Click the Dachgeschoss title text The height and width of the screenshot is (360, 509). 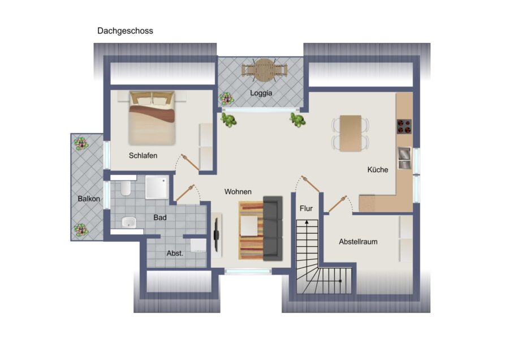coord(125,31)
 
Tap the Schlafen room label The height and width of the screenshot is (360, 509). coord(143,156)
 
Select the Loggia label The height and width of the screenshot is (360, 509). coord(261,93)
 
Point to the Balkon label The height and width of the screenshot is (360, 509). coord(89,199)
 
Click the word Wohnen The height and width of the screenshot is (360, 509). coord(238,192)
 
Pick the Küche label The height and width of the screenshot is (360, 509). coord(378,169)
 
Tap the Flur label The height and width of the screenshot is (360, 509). coord(306,209)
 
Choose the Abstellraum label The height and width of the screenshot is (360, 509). coord(358,242)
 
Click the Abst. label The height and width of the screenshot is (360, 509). coord(175,254)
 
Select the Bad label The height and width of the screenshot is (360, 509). coord(160,217)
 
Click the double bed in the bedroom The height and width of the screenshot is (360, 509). coord(152,118)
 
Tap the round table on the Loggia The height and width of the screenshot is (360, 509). coord(264,70)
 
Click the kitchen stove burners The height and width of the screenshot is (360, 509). coord(404,126)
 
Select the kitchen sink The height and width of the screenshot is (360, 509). coord(404,158)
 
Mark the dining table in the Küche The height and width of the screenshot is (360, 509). coord(351,132)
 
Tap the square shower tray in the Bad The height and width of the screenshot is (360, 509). coord(156,187)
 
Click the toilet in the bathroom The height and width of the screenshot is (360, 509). coord(126,188)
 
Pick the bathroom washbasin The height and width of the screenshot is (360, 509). coord(130,222)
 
